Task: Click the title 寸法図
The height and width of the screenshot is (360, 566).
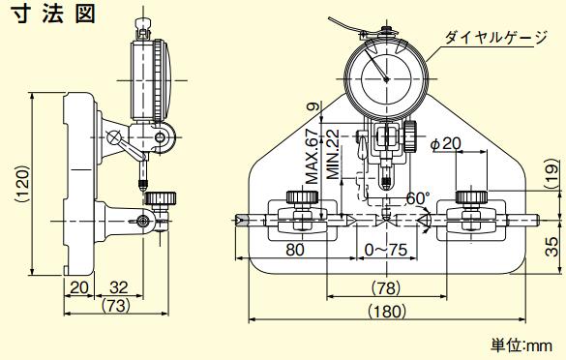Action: [x=55, y=14]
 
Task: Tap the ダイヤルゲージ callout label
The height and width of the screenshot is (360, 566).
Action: [x=496, y=37]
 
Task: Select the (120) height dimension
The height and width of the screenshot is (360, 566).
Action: [x=23, y=184]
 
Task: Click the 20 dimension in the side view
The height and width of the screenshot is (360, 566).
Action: [x=79, y=287]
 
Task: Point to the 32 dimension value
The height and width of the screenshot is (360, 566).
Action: [x=119, y=287]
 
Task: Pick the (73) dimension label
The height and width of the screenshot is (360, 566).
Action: [x=116, y=306]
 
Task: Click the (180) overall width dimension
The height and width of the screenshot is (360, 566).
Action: [x=387, y=311]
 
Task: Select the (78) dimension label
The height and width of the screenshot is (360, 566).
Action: [x=386, y=287]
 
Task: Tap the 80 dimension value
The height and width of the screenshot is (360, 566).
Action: [x=295, y=249]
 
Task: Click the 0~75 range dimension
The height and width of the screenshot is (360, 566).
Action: [x=386, y=250]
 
